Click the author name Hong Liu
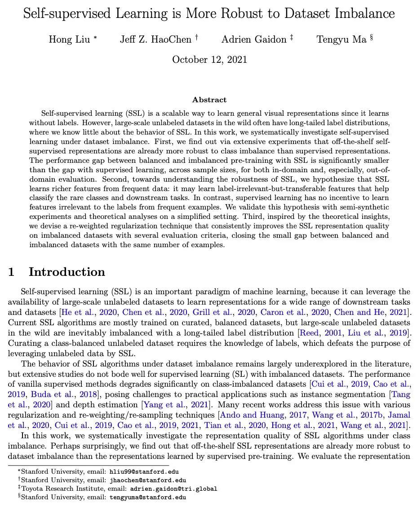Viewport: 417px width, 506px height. coord(70,39)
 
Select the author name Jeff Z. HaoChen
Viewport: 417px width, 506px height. coord(155,39)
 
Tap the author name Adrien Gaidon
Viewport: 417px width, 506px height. coord(254,39)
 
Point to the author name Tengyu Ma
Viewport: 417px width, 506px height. coord(342,39)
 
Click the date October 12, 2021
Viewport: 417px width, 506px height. coord(209,60)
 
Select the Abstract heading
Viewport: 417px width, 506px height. coord(209,100)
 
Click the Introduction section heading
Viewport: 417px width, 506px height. coord(67,272)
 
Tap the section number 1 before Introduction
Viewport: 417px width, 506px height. coord(12,272)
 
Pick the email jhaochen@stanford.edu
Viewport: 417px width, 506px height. coord(148,480)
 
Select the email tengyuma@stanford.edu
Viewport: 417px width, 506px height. coord(148,497)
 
